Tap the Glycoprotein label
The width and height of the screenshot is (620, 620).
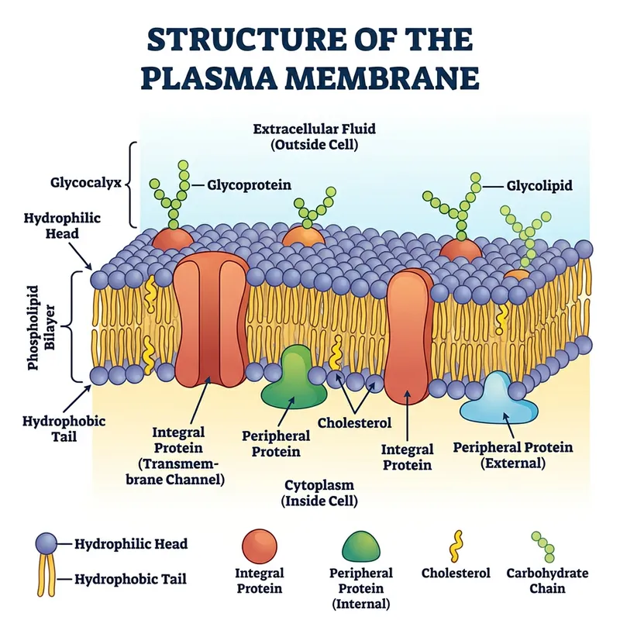point(249,185)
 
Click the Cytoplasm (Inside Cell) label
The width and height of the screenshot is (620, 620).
point(319,493)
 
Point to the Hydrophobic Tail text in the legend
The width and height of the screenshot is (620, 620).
point(130,578)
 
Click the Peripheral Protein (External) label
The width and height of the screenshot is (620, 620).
point(512,455)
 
